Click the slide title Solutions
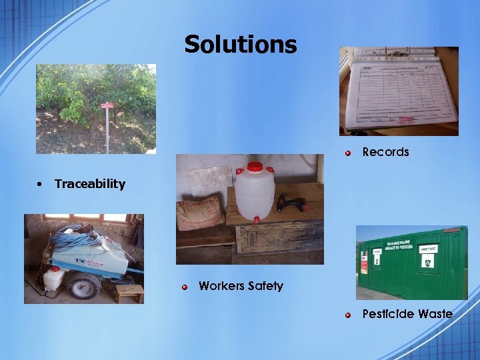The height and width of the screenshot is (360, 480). click(x=240, y=45)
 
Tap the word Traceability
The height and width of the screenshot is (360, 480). click(x=90, y=184)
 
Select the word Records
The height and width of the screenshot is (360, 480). click(x=385, y=152)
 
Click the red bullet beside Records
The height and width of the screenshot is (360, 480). click(x=348, y=153)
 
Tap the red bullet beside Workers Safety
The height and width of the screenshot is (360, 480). click(x=185, y=287)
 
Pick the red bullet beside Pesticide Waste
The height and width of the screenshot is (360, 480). click(x=348, y=314)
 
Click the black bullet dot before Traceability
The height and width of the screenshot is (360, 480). click(x=41, y=184)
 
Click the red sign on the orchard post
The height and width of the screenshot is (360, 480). click(x=107, y=105)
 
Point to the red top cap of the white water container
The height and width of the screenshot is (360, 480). click(x=255, y=167)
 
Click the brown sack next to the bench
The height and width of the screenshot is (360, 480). click(x=199, y=213)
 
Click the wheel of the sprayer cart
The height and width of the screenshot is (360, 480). click(x=84, y=286)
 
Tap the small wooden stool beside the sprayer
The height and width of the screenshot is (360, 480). click(x=129, y=292)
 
